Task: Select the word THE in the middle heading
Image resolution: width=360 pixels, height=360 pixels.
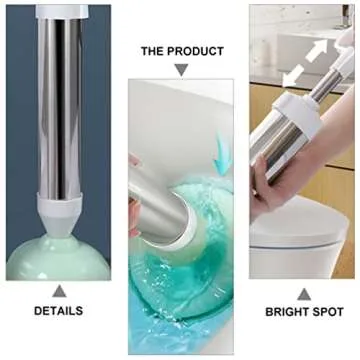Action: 155,49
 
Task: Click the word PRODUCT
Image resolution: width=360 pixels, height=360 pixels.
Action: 196,49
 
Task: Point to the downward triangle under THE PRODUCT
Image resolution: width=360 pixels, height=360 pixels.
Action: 181,69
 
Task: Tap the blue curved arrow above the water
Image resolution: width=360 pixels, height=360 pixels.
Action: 222,151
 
